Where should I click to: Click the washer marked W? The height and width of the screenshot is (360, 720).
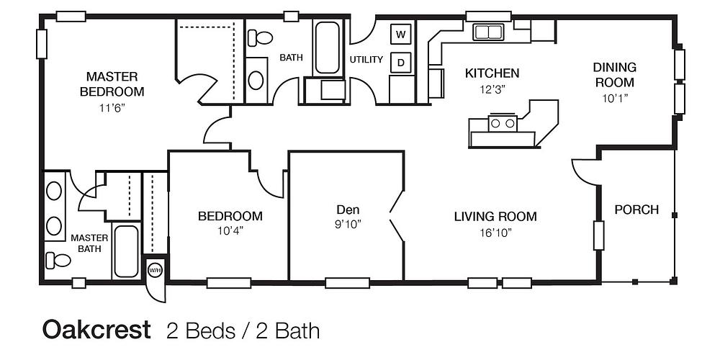pos(401,34)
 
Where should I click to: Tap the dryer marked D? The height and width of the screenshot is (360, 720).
pos(401,63)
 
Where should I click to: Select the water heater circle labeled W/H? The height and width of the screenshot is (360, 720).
pos(153,270)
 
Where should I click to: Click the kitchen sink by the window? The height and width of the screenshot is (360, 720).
pos(489,32)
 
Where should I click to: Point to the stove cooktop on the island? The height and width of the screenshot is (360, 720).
pos(503,122)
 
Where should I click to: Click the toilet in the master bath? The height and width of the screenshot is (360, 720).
pos(58,261)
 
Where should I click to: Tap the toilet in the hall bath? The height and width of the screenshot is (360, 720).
pos(260,37)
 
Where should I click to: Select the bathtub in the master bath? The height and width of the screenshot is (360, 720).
pos(126,251)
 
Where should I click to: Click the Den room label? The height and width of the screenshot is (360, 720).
pos(348,210)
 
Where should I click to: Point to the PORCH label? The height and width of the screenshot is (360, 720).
pos(636,210)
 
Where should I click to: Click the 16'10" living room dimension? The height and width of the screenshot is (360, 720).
pos(495,233)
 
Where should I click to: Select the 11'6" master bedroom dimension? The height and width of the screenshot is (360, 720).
pos(112,109)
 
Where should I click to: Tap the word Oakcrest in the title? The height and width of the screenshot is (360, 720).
pos(96,330)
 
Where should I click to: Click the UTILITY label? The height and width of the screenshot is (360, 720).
pos(366,60)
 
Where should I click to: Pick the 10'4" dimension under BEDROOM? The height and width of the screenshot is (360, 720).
pos(230,230)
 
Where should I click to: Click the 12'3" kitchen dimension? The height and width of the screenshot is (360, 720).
pos(492,89)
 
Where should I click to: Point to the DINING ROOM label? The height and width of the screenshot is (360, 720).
pos(614,75)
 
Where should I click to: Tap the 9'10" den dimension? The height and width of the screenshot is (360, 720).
pos(348,224)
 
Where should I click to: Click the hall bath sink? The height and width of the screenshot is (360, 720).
pos(256,81)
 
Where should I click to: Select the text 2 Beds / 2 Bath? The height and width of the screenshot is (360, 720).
pos(243,330)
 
